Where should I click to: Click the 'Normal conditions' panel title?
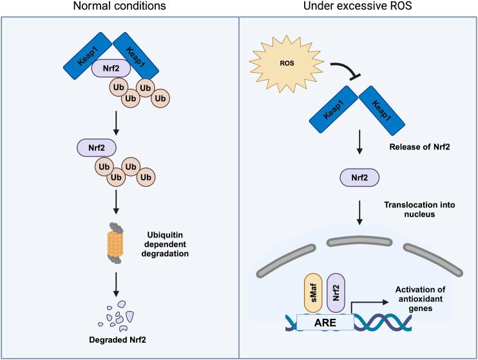click(119, 7)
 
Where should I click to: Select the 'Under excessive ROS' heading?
click(359, 7)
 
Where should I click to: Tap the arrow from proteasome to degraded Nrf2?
click(117, 282)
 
